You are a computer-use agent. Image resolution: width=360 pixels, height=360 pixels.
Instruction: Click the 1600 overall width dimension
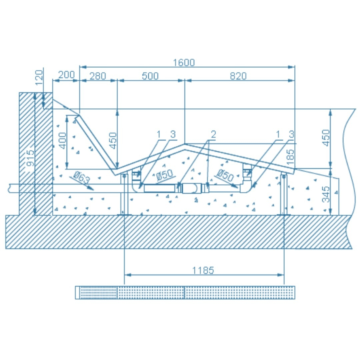click(184, 62)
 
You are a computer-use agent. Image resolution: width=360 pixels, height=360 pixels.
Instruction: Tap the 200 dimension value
click(66, 75)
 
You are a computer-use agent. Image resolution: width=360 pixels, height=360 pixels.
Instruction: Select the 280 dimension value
click(98, 76)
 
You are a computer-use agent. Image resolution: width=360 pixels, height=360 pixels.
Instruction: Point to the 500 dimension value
click(150, 76)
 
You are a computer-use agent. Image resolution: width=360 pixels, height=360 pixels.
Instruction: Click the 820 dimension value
click(238, 76)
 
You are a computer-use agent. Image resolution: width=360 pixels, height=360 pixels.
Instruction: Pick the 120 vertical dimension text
click(39, 78)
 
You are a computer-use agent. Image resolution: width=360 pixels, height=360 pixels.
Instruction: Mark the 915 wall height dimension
click(30, 158)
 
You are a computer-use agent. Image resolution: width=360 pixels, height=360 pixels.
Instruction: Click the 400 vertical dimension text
click(62, 141)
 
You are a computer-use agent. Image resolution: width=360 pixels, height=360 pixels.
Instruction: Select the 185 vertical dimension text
click(290, 157)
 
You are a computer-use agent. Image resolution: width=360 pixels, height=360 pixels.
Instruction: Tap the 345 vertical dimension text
click(326, 194)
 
